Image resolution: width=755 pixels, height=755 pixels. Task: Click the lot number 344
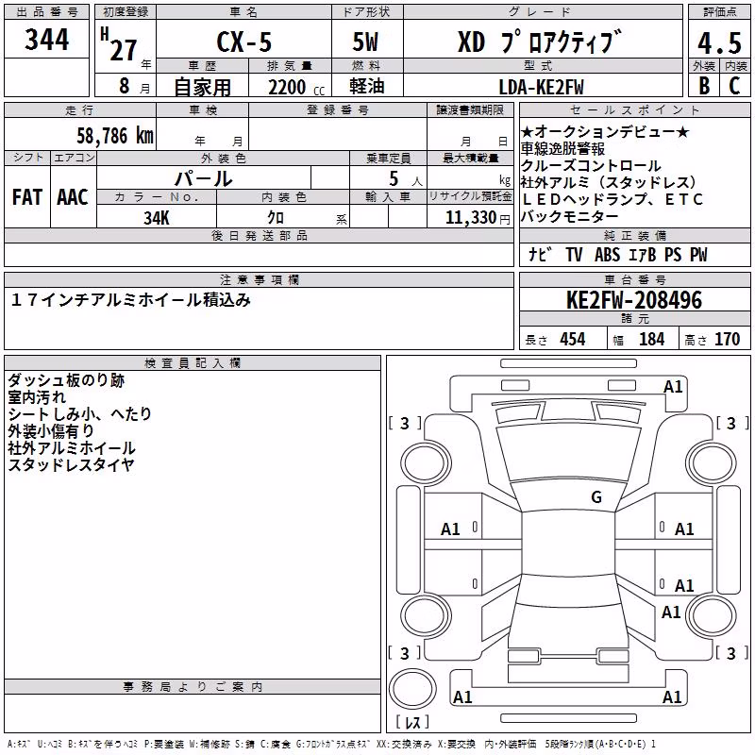click(46, 40)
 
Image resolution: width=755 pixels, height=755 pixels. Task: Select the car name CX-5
click(244, 42)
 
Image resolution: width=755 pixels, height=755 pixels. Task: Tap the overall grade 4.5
click(719, 42)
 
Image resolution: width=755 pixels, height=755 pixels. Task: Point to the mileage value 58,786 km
click(115, 136)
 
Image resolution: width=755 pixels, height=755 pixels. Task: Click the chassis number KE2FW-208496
click(634, 300)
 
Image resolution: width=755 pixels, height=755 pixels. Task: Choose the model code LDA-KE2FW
click(541, 87)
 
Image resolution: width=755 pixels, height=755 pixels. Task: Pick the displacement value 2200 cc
click(296, 88)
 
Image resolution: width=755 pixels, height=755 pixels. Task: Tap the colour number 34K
click(157, 218)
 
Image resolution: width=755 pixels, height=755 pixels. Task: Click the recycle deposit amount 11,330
click(471, 218)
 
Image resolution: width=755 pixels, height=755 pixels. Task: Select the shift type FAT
click(27, 197)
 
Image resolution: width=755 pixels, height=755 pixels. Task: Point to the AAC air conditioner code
click(73, 197)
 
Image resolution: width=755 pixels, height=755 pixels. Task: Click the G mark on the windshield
click(596, 496)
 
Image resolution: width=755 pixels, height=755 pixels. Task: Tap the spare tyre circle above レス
click(412, 688)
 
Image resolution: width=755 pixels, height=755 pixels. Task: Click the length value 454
click(573, 339)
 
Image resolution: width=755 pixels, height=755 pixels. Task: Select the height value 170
click(727, 339)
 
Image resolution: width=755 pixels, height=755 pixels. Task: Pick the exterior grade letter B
click(704, 86)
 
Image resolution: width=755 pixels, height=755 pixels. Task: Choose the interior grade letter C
click(734, 86)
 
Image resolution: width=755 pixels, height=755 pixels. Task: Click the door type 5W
click(365, 42)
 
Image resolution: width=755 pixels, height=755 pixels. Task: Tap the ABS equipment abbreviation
click(607, 255)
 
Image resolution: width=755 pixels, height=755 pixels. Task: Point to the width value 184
click(652, 339)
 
